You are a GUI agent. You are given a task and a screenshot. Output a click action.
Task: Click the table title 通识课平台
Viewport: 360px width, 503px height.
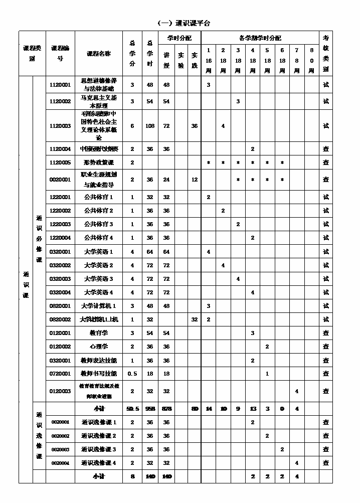(184, 23)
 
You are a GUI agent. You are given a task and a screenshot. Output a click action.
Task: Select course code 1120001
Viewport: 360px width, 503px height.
(60, 85)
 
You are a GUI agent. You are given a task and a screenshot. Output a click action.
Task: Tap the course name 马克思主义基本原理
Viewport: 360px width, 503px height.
(99, 101)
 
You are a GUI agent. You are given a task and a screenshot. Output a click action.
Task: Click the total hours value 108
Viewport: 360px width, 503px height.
(150, 126)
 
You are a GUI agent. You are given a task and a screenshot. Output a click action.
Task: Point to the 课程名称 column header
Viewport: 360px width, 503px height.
(99, 53)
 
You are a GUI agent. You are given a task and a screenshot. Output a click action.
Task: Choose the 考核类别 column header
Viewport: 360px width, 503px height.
(326, 53)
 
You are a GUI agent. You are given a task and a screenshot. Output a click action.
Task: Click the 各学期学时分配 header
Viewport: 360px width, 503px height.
(260, 38)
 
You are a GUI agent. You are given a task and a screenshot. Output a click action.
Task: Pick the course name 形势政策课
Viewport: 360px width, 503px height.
(99, 162)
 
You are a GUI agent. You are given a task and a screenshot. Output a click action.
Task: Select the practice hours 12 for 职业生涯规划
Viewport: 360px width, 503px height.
(195, 180)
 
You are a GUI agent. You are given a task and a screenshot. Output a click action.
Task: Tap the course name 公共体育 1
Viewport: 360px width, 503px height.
(99, 197)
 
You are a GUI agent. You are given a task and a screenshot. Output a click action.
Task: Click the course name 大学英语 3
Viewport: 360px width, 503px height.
(99, 279)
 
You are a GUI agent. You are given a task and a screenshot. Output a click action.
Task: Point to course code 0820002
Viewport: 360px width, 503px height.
(60, 319)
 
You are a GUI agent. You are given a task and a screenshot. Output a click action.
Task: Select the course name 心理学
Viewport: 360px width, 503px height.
(99, 347)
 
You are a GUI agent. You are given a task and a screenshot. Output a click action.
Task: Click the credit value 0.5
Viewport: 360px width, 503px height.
(132, 374)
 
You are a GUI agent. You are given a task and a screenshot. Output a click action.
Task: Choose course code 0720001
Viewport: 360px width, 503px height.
(60, 374)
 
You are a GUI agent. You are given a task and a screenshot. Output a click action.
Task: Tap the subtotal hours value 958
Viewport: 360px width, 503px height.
(150, 409)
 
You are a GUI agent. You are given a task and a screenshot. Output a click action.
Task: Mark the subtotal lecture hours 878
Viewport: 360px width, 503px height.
(166, 409)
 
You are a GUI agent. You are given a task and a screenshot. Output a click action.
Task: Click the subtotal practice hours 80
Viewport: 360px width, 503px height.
(195, 409)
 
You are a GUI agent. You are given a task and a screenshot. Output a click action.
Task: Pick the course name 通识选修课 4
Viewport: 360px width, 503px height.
(99, 463)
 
